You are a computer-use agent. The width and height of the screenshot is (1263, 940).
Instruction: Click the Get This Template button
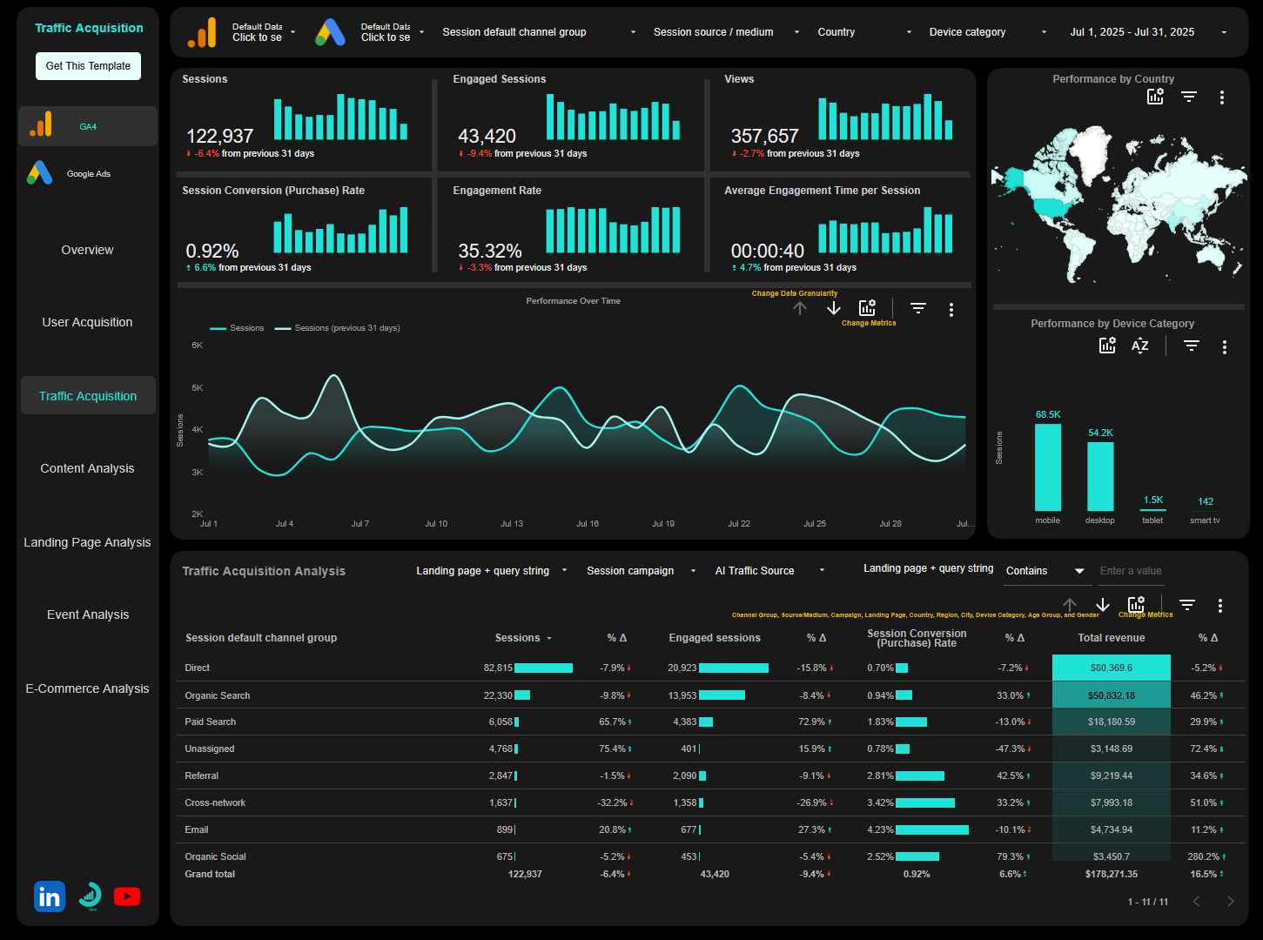(88, 66)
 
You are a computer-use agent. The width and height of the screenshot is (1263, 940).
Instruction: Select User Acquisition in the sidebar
(87, 322)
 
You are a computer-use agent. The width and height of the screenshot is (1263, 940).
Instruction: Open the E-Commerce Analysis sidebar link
(87, 688)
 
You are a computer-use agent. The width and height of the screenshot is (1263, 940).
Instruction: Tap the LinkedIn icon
(50, 896)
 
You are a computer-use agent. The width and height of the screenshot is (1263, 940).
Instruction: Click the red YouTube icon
(127, 896)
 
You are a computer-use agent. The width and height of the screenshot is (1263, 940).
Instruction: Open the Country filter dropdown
(863, 32)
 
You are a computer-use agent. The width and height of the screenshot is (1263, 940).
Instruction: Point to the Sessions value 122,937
(220, 137)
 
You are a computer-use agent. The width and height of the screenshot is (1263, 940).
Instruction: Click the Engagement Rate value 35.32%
(490, 252)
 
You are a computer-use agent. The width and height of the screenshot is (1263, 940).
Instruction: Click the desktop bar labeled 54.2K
(1100, 476)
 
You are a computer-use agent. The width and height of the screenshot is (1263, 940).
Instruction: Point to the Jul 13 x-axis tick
(512, 524)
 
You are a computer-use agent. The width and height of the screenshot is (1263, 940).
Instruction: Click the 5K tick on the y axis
(198, 388)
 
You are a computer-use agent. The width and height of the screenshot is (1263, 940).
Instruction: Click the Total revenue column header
(1111, 638)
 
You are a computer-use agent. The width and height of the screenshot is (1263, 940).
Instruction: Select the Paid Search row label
(211, 722)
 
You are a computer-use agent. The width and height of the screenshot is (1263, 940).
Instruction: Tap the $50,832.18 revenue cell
(1111, 695)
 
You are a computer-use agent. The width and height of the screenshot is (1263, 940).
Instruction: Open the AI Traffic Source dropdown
(769, 571)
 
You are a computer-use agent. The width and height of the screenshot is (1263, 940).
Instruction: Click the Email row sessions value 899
(505, 829)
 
